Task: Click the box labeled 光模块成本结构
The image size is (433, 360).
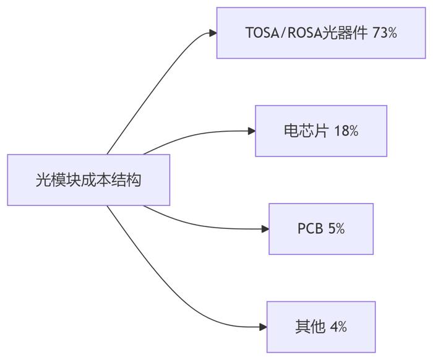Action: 88,180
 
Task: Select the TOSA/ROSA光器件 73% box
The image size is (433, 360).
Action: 321,33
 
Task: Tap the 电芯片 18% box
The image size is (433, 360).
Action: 321,131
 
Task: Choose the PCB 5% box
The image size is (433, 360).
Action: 321,229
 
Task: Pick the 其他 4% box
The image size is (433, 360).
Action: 321,327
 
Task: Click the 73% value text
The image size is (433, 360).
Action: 384,33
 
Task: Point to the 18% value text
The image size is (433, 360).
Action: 346,131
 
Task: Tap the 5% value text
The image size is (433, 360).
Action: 337,229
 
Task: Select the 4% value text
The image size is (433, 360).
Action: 338,327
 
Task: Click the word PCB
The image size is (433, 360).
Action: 310,229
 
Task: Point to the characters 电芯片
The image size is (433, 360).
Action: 306,131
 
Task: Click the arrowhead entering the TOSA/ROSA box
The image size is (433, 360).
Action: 213,33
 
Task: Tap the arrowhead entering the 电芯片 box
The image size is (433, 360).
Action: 252,131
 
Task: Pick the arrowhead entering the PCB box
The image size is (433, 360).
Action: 265,229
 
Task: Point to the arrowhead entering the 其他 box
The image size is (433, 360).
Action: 263,327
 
